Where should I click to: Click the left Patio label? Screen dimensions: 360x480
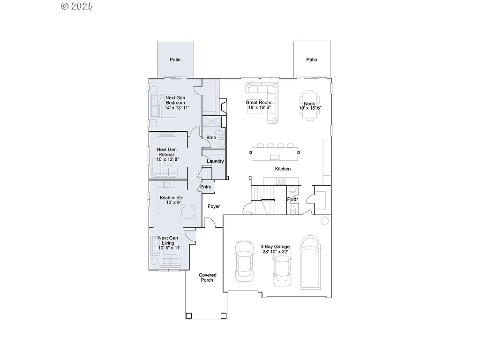[x=175, y=60]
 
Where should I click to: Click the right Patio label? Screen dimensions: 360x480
[x=312, y=60]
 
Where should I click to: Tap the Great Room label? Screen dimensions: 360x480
[x=258, y=102]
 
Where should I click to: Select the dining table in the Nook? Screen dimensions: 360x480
[x=310, y=105]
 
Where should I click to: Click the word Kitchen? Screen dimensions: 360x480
[x=283, y=169]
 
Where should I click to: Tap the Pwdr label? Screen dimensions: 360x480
[x=292, y=199]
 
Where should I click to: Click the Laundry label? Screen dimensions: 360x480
[x=216, y=161]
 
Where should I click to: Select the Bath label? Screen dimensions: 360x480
[x=211, y=137]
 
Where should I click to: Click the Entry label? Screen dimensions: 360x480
[x=205, y=187]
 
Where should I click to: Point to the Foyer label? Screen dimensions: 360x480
[x=214, y=206]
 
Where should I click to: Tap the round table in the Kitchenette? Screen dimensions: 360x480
[x=188, y=213]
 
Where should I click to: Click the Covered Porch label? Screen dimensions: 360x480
[x=207, y=277]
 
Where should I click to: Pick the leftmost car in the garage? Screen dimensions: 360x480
[x=244, y=261]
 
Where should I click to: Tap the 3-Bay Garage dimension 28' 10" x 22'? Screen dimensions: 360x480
[x=275, y=252]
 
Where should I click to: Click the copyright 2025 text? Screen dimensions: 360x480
[x=77, y=6]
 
